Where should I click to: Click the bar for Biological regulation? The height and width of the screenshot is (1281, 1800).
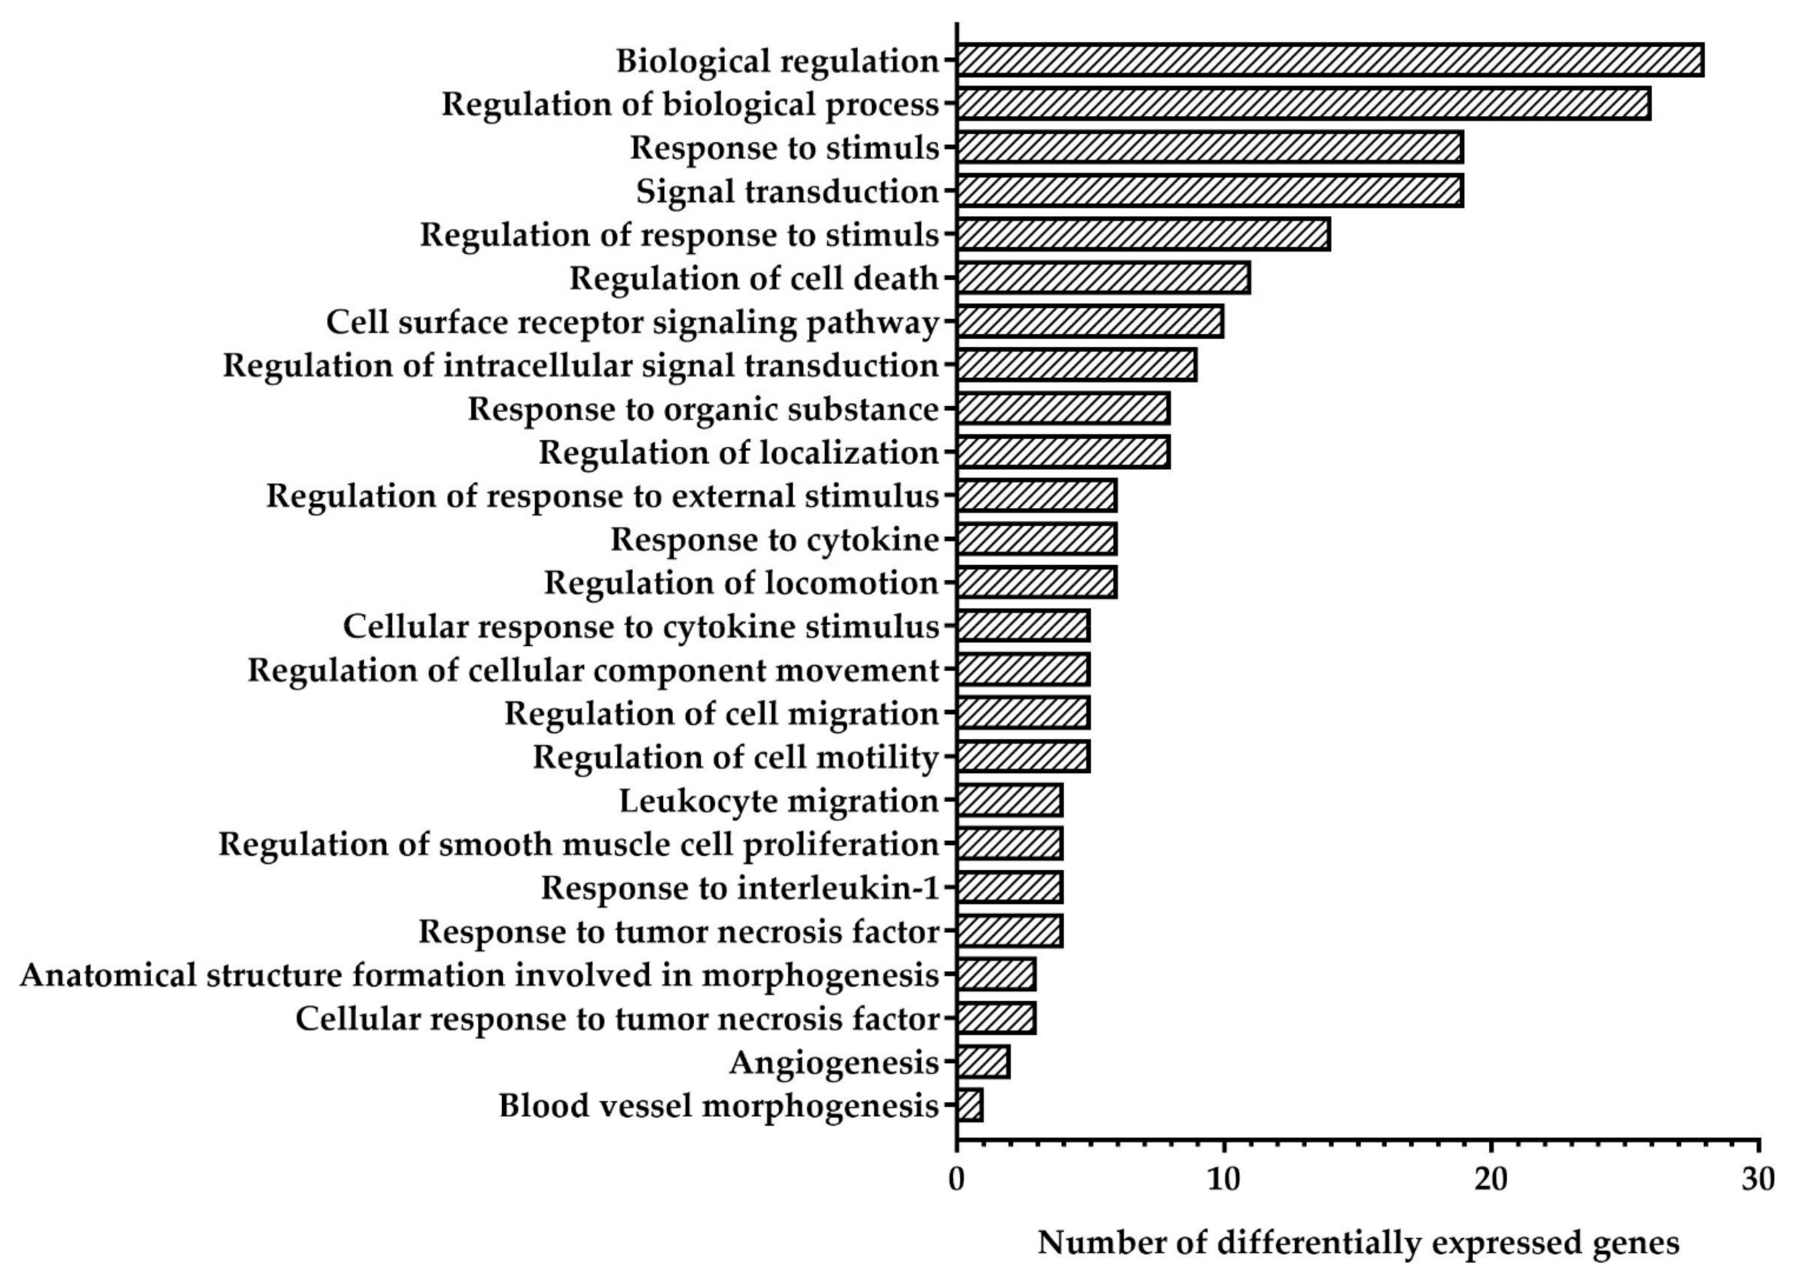(x=1329, y=60)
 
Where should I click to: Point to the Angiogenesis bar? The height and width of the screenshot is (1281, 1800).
(x=983, y=1062)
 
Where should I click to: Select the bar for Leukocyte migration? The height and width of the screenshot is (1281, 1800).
(x=1010, y=800)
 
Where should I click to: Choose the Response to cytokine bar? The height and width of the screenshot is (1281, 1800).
(x=1037, y=539)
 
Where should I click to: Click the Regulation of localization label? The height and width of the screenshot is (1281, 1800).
(x=738, y=453)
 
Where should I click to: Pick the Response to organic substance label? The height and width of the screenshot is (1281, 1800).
(x=703, y=409)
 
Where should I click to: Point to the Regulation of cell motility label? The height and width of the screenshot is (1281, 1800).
(x=736, y=757)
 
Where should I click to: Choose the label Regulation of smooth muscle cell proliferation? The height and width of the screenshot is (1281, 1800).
(x=579, y=844)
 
